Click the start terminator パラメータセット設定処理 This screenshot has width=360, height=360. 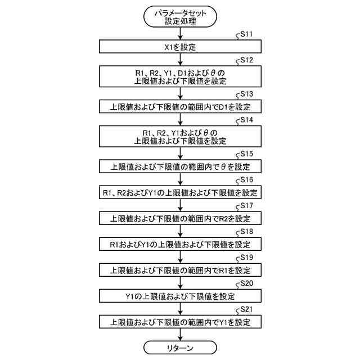point(179,17)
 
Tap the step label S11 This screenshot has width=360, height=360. point(246,34)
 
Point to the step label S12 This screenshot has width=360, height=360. point(246,60)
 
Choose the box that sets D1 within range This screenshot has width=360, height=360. point(179,106)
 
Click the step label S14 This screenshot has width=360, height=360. point(246,120)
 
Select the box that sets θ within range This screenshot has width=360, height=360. point(179,166)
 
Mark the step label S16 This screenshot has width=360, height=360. point(246,180)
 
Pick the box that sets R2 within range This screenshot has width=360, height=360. point(179,218)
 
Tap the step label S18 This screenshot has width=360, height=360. point(246,232)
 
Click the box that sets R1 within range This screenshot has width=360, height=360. point(179,270)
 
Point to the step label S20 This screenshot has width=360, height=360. point(246,283)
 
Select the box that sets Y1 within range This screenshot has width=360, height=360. point(179,322)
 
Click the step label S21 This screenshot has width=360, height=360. point(246,309)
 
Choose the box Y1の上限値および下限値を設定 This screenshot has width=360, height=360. point(179,296)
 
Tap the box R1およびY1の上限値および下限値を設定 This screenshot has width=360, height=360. point(179,244)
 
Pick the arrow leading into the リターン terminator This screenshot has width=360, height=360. point(179,335)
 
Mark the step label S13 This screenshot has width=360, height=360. point(246,94)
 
